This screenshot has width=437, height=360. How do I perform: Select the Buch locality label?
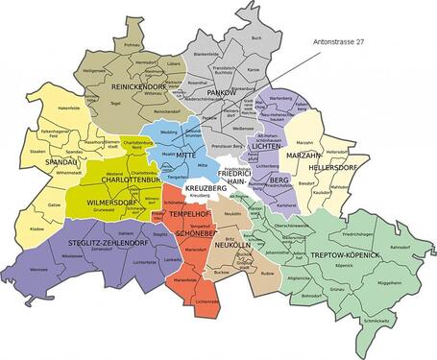(x=255, y=37)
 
